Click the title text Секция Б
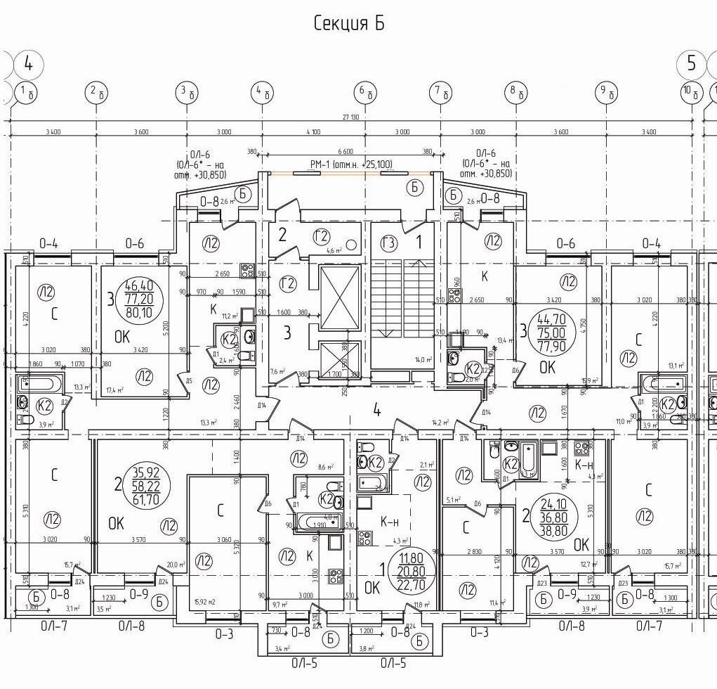click(349, 23)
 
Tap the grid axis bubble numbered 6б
click(364, 91)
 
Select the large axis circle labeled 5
click(692, 64)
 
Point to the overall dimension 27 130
click(351, 117)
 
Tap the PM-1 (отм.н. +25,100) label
click(350, 165)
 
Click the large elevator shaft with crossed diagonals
click(340, 298)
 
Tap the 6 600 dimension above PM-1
click(345, 152)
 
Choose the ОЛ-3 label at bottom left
click(224, 634)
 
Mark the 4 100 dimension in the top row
click(313, 132)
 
